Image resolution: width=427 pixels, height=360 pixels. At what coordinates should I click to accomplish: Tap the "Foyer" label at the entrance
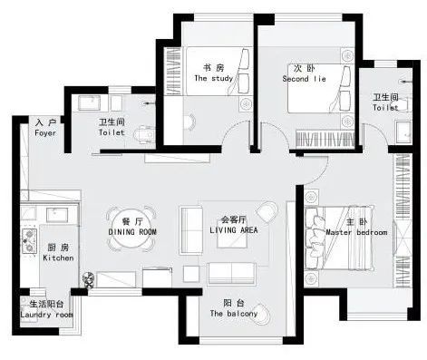[45, 133]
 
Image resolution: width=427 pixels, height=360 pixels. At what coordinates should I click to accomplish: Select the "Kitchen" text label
[58, 258]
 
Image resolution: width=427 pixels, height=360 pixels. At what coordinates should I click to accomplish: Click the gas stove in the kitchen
[29, 241]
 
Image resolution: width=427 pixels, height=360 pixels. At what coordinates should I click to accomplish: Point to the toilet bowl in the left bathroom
[145, 134]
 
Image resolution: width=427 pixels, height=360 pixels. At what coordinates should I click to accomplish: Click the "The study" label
[214, 78]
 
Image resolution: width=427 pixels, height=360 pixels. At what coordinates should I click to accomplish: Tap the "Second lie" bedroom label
[305, 79]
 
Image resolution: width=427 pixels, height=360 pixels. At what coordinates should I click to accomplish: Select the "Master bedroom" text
[356, 232]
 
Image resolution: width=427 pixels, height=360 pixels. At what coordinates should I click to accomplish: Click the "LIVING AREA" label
[234, 230]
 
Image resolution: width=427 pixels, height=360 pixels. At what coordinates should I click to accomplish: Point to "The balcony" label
[234, 314]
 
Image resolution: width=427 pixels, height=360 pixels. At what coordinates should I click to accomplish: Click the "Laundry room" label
[46, 315]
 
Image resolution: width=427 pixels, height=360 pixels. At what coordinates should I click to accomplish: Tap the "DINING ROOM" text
[132, 232]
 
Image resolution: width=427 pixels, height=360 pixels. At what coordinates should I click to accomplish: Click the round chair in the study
[190, 122]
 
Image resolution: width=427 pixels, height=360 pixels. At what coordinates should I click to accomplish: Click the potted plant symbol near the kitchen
[89, 279]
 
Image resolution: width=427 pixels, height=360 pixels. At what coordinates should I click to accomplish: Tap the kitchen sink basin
[57, 215]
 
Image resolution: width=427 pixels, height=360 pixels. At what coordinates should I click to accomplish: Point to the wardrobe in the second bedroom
[325, 140]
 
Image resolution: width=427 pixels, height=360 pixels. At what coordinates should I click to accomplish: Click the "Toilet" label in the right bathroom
[385, 108]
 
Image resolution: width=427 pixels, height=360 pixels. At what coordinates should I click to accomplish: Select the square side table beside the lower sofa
[191, 274]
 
